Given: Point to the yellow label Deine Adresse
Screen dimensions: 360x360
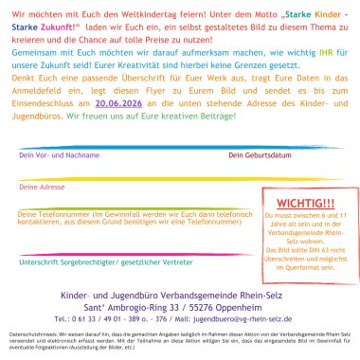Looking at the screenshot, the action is [x=40, y=214].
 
